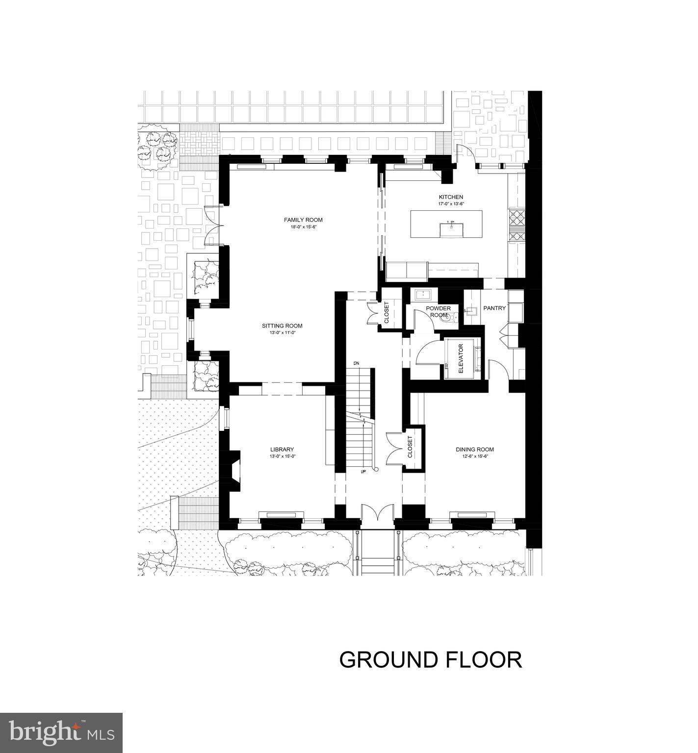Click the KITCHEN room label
click(x=451, y=197)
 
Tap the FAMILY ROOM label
click(x=304, y=220)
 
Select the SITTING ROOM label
click(x=282, y=326)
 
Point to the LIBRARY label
click(x=282, y=450)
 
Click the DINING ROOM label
click(x=474, y=450)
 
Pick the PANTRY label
click(x=494, y=308)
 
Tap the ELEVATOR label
click(x=461, y=359)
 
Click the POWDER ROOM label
click(x=438, y=311)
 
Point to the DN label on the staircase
click(x=357, y=363)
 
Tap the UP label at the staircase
click(x=363, y=472)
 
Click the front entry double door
click(x=377, y=517)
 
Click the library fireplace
click(x=233, y=470)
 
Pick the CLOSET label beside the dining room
click(x=410, y=447)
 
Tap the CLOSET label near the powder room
click(x=387, y=312)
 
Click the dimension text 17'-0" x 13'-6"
click(x=451, y=203)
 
